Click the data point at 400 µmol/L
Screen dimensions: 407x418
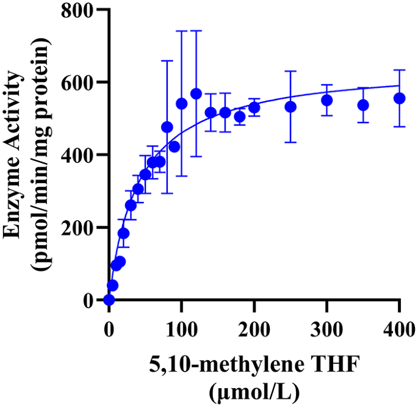coord(400,98)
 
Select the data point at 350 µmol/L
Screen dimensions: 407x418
coord(363,105)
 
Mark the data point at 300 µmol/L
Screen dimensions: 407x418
coord(327,100)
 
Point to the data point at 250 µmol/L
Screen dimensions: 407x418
coord(290,107)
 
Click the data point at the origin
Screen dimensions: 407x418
coord(109,300)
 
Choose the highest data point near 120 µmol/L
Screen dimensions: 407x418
coord(196,93)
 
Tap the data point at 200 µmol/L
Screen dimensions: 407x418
coord(254,107)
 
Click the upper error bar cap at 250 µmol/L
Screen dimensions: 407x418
coord(290,71)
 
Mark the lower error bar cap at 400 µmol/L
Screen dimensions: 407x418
coord(400,126)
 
